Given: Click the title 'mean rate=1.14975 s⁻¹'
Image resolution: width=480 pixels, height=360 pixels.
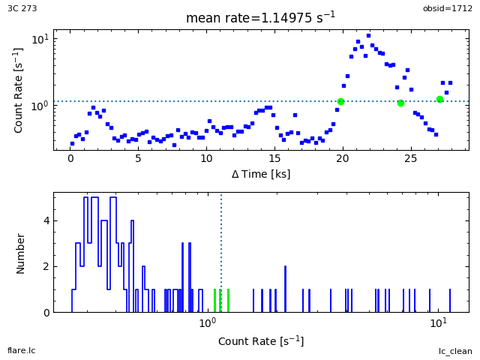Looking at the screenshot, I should (x=260, y=17).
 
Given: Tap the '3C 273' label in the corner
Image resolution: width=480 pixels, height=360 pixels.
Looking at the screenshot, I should (x=22, y=8).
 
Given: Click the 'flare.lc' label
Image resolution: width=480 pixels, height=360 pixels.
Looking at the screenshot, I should (x=21, y=351).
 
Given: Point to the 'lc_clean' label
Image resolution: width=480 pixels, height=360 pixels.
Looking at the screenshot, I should (x=455, y=351).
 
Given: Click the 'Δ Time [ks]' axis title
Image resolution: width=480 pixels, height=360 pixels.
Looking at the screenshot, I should (x=260, y=174).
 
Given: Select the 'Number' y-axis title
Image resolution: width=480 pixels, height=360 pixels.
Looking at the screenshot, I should (x=21, y=253).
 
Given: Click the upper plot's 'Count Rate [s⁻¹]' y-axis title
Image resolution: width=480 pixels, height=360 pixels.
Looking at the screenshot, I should (x=19, y=90).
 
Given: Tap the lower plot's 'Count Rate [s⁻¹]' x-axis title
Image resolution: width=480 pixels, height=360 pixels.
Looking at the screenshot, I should (x=260, y=341).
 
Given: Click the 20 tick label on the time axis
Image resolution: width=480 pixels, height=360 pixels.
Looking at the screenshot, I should (x=343, y=159).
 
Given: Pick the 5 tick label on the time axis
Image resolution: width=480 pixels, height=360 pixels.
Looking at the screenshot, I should (x=139, y=159).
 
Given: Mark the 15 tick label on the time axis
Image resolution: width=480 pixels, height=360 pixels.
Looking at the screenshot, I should (x=274, y=159).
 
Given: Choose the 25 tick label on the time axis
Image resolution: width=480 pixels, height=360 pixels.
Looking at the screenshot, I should (x=410, y=159).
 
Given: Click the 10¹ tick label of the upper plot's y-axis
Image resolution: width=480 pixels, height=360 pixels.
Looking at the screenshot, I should (x=40, y=38).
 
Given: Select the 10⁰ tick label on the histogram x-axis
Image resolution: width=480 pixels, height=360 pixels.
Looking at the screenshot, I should (x=208, y=323).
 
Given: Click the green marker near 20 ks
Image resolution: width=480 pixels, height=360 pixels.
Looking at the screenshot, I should (x=340, y=101).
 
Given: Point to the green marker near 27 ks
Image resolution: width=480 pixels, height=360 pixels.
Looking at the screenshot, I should (x=439, y=99).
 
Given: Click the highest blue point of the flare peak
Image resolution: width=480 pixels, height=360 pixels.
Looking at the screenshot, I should (x=368, y=35).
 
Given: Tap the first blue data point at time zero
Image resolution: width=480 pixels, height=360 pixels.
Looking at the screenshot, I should (x=72, y=143).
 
